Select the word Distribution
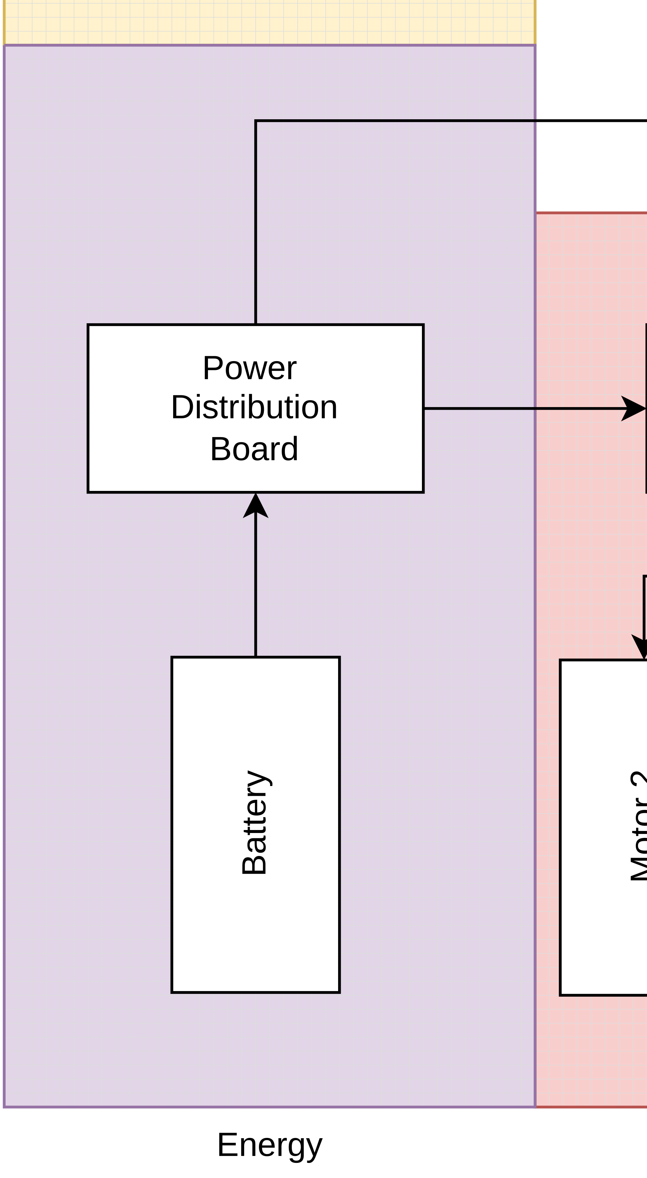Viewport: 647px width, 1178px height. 254,407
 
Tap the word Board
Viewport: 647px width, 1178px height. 254,449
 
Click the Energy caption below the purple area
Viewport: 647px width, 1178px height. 270,1145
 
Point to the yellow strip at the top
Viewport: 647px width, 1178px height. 270,22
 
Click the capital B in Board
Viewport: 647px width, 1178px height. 220,449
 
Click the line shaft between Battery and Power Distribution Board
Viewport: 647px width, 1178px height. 256,585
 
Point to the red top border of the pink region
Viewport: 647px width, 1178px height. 590,213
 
